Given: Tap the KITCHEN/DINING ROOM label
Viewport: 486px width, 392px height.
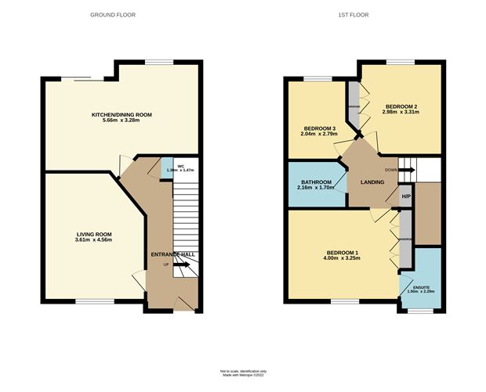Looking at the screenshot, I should pyautogui.click(x=121, y=115).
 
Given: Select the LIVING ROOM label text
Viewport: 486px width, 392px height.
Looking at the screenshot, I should pyautogui.click(x=94, y=234).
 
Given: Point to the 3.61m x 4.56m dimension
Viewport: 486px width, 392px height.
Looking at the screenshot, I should pyautogui.click(x=94, y=240).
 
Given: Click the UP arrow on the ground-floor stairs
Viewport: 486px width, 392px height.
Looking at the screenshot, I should pyautogui.click(x=177, y=264).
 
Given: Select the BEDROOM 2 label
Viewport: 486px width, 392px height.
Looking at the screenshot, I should pyautogui.click(x=401, y=106).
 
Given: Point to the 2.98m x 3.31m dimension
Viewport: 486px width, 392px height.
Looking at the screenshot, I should pyautogui.click(x=401, y=113).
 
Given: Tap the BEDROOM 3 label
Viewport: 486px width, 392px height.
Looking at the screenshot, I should pyautogui.click(x=319, y=128).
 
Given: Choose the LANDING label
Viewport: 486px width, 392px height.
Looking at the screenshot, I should pyautogui.click(x=372, y=182).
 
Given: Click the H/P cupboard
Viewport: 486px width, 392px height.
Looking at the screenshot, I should pyautogui.click(x=405, y=196).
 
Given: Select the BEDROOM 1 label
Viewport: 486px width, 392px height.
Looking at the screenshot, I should pyautogui.click(x=342, y=252).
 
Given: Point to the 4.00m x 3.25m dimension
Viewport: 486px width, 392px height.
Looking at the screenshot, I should pyautogui.click(x=342, y=258).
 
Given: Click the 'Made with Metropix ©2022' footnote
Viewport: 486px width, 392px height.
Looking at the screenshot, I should pyautogui.click(x=242, y=375).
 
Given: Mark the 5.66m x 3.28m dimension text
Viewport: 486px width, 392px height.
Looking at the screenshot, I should pyautogui.click(x=121, y=121).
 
